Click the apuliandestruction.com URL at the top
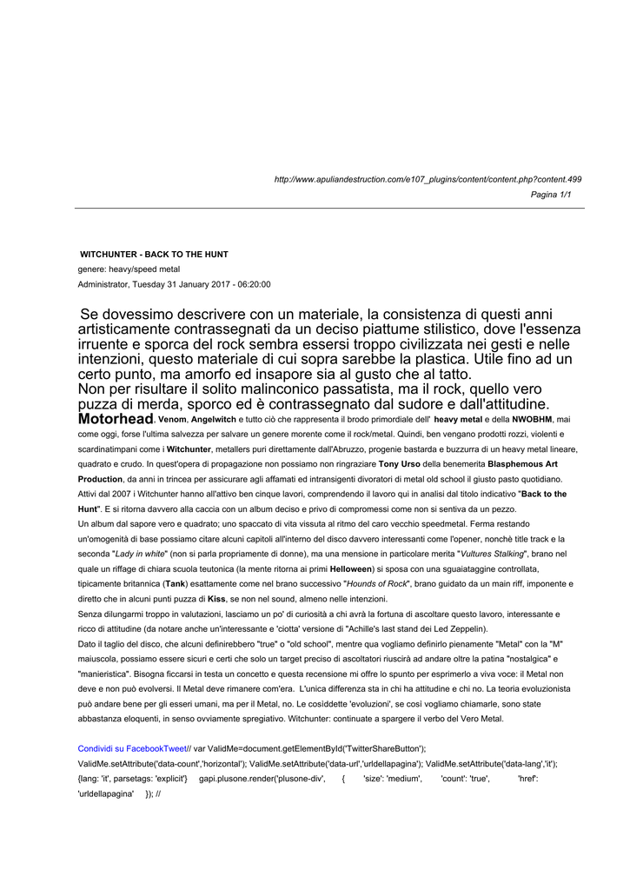(428, 179)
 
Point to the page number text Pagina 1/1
(551, 195)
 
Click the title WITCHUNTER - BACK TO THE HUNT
(154, 255)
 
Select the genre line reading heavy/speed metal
(129, 269)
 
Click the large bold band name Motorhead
(116, 419)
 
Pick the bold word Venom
(172, 420)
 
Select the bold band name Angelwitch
(214, 420)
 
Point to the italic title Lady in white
(140, 554)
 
